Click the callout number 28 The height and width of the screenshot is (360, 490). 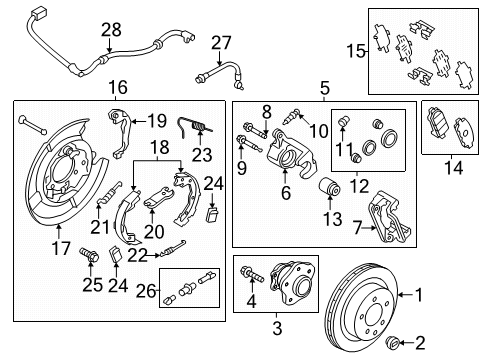(110, 30)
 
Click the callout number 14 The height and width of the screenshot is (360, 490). (453, 170)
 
